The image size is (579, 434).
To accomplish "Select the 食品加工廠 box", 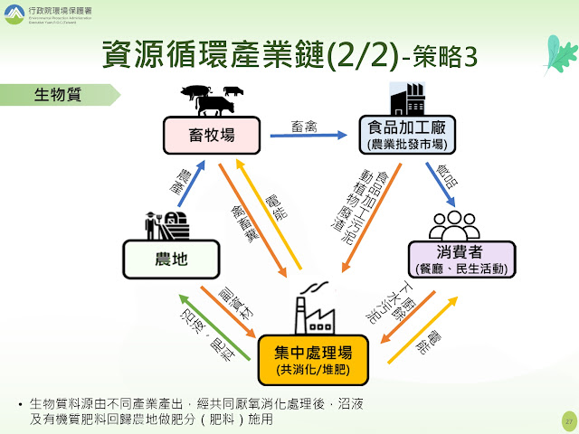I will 405,133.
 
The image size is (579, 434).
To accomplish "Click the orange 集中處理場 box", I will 314,359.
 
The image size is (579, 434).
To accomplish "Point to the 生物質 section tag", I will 59,93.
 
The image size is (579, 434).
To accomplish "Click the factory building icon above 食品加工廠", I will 407,98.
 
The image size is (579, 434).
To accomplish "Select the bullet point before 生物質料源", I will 20,401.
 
